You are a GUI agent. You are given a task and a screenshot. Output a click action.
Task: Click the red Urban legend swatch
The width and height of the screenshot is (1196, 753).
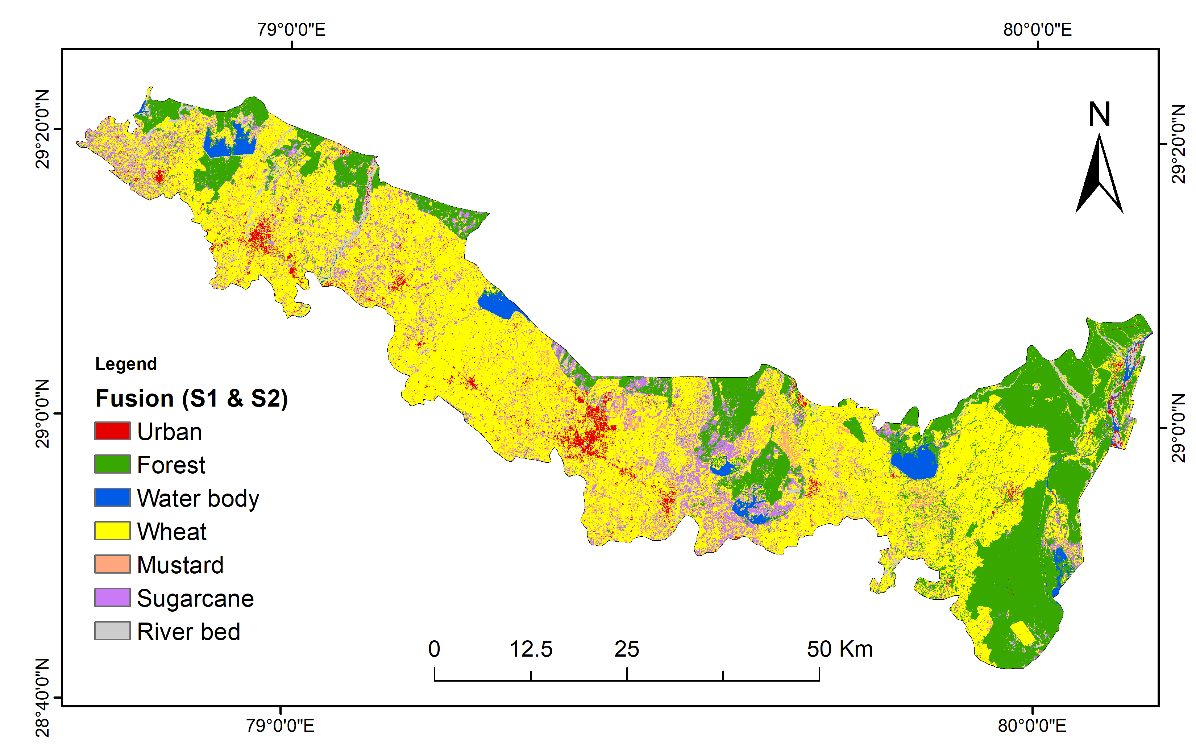point(112,430)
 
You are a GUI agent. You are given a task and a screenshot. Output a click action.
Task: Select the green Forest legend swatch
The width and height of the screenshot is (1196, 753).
point(112,464)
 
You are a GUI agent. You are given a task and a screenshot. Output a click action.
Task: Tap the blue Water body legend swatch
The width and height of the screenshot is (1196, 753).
point(112,497)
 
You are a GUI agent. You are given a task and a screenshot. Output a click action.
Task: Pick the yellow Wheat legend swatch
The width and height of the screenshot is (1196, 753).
point(112,531)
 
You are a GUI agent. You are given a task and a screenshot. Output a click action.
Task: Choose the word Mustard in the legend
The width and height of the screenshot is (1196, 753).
point(180,565)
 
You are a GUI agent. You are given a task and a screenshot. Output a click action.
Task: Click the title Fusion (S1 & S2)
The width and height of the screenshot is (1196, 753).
point(191,398)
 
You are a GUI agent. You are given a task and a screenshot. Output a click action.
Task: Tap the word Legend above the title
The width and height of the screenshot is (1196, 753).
point(126,364)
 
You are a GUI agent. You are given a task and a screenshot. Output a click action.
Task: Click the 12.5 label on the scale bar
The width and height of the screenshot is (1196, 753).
point(531,649)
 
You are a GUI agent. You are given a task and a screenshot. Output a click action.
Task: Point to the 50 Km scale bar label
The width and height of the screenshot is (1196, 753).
point(839,649)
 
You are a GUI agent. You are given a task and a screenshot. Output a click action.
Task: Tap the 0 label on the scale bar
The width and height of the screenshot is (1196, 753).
point(434,649)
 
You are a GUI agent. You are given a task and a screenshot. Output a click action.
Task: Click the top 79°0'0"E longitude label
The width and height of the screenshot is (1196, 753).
point(291,30)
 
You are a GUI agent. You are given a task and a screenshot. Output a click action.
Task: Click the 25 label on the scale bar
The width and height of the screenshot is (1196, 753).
point(626,649)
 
